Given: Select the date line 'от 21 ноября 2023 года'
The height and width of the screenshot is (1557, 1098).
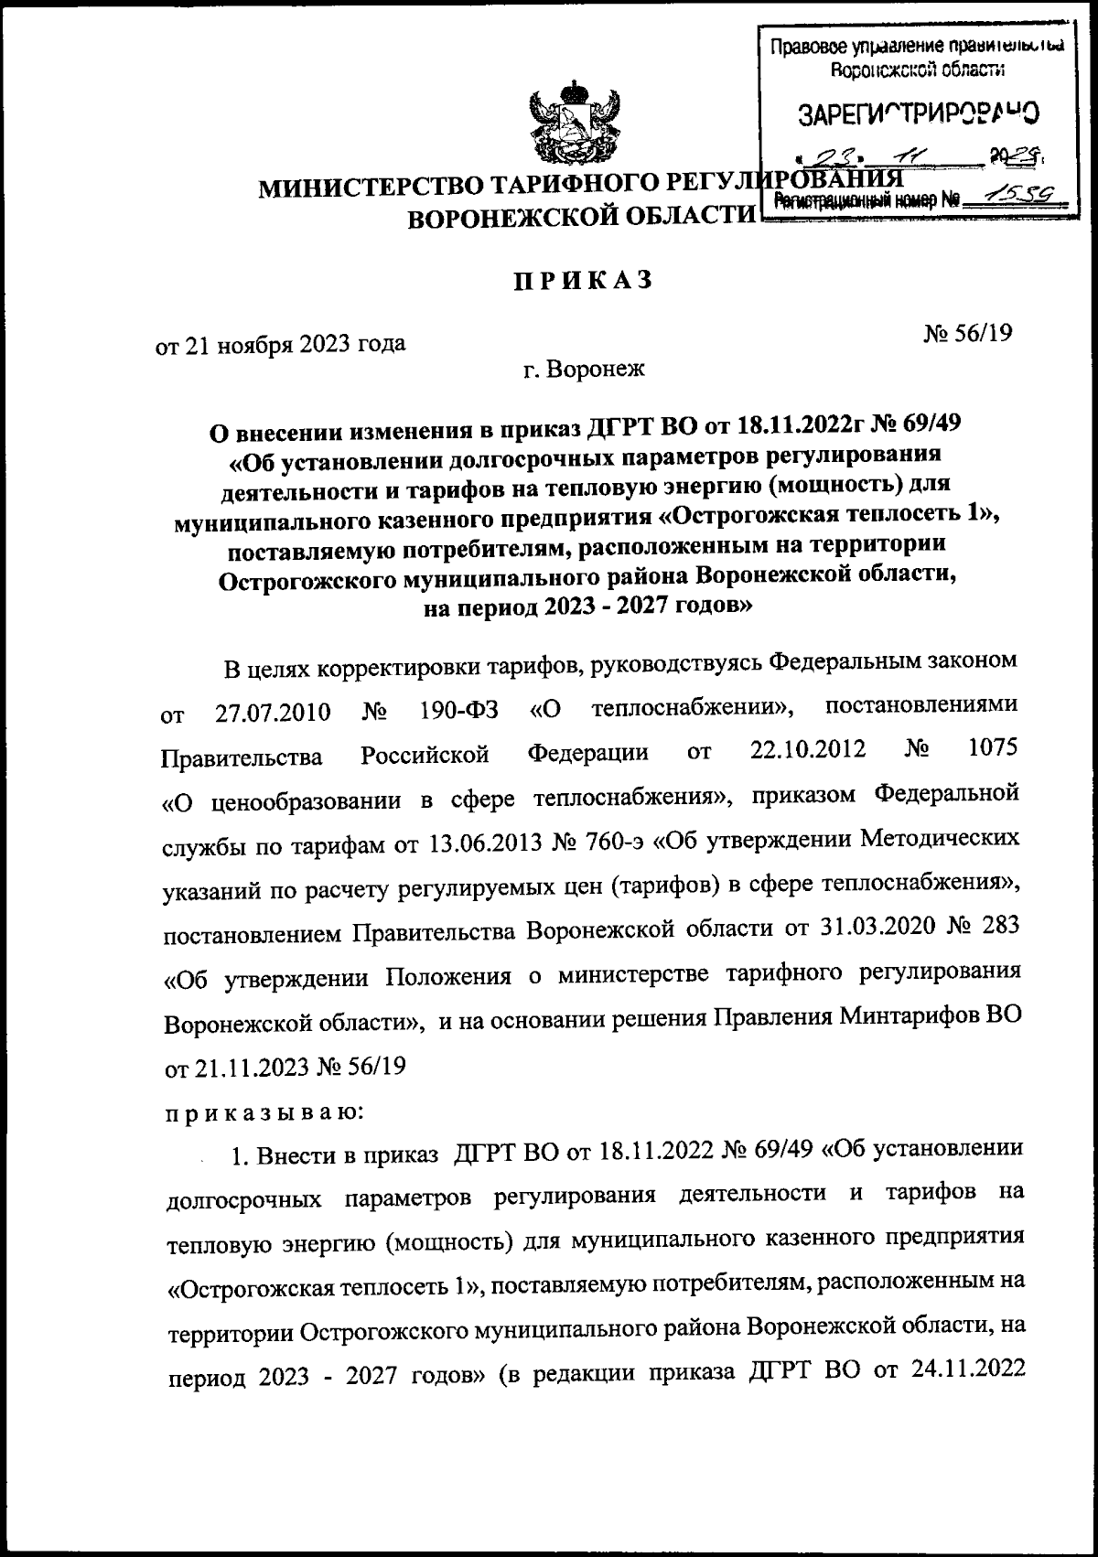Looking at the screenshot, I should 283,345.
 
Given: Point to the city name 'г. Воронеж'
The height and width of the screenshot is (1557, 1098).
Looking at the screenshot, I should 584,370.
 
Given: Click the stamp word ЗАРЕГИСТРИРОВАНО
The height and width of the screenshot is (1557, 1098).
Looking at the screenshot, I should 919,115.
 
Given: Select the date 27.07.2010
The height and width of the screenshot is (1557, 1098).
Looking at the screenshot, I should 273,712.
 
